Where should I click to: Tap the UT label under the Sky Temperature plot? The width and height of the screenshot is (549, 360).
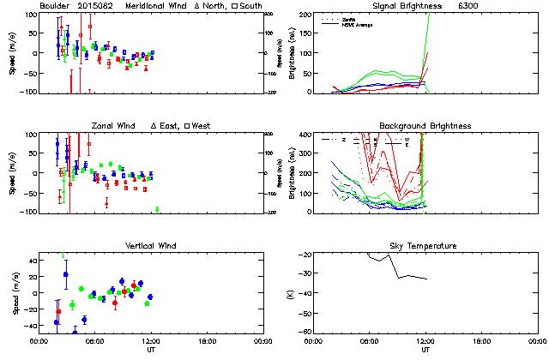coord(426,350)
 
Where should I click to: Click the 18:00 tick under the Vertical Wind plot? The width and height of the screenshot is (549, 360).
coord(206,341)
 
